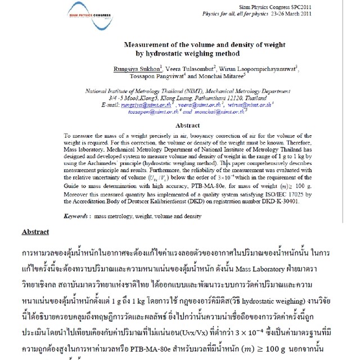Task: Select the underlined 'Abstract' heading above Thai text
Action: (x=35, y=232)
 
